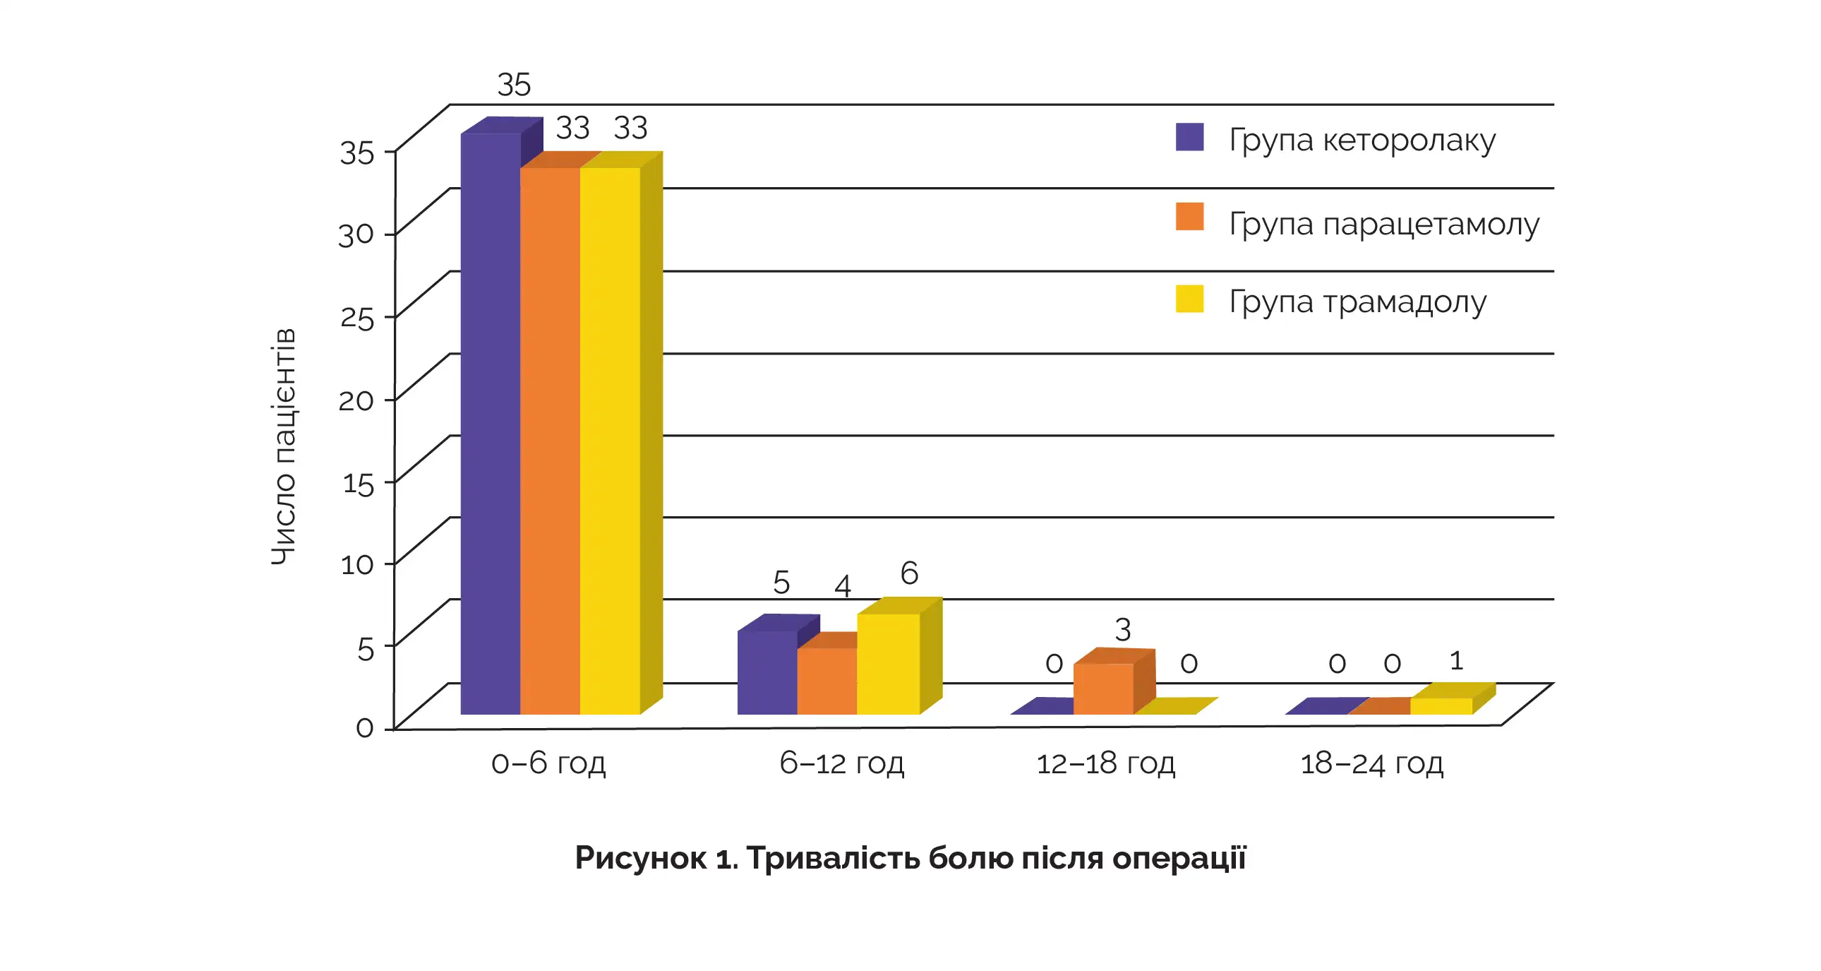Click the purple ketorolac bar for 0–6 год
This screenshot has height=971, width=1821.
[490, 424]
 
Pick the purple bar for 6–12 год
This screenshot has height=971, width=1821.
[767, 672]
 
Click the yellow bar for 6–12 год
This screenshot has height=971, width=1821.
[888, 664]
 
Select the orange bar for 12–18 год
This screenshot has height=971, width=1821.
[1102, 689]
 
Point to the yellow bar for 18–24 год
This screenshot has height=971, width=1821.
[1441, 705]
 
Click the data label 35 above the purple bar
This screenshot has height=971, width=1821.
[514, 85]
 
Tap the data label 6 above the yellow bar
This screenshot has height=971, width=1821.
[909, 573]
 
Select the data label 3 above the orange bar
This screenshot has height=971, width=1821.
[1122, 629]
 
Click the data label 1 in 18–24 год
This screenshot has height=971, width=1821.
[1456, 660]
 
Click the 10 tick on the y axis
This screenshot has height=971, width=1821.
[357, 565]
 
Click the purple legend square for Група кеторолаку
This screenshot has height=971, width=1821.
[1190, 137]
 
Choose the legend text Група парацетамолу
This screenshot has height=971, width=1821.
[1383, 224]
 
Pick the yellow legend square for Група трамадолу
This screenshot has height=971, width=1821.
[1190, 299]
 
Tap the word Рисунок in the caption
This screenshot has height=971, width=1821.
[640, 858]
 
